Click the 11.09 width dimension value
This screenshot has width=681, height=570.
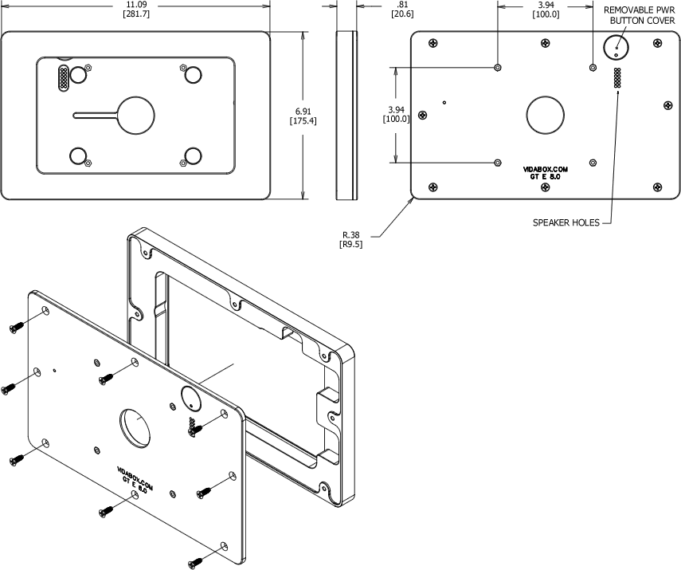[x=136, y=5]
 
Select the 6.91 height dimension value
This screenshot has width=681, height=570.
[x=303, y=110]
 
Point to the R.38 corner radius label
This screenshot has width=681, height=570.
[x=351, y=234]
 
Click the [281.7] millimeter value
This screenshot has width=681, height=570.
[x=136, y=14]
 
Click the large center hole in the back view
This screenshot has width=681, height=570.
[x=545, y=115]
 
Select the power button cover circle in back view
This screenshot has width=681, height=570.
[x=616, y=49]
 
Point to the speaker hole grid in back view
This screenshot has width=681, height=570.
[x=616, y=78]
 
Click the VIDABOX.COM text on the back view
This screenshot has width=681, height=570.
[x=545, y=169]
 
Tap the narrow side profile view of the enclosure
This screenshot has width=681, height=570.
[x=345, y=115]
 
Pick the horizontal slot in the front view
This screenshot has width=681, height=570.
[x=96, y=115]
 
